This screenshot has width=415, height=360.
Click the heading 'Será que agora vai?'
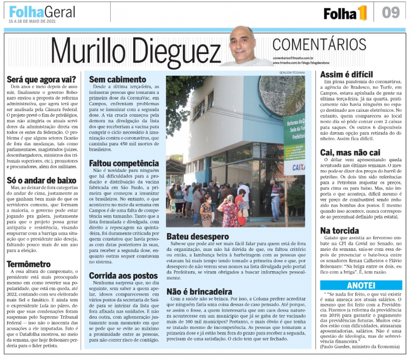[41, 80]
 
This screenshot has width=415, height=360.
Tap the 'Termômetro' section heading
[29, 264]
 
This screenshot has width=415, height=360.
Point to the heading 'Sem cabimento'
[117, 80]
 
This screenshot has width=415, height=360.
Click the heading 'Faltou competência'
[124, 163]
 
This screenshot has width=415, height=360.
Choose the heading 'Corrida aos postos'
[123, 275]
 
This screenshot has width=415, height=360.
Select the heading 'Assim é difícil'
[346, 75]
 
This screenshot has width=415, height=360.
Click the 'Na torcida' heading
[338, 230]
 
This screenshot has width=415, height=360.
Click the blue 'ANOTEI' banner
[360, 286]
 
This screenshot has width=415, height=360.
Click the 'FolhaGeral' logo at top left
[42, 11]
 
